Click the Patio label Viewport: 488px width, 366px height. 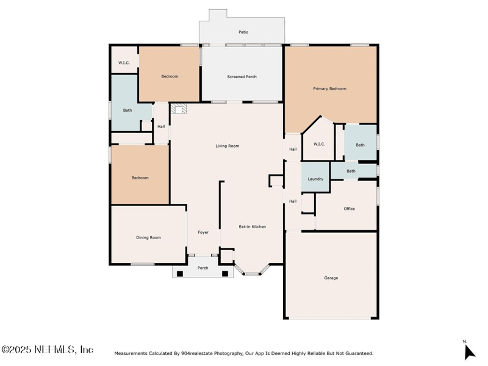pos(243,32)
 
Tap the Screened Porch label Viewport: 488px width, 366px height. pos(242,77)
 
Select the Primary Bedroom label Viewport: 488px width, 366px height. pos(329,88)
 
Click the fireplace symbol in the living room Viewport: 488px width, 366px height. pos(179,109)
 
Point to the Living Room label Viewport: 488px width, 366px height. pos(228,146)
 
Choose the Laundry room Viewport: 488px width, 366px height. pos(315,177)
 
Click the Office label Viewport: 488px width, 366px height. pos(349,209)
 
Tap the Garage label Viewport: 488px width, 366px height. pos(331,278)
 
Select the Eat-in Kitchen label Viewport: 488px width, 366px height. pos(253,226)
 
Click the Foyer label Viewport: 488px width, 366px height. pos(203,232)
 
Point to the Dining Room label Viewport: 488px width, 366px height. pos(148,237)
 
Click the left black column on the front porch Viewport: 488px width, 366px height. pos(180,274)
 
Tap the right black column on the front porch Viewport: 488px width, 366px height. pos(225,274)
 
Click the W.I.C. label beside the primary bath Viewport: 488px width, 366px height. pos(319,144)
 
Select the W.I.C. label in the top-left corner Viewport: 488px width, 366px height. pos(124,63)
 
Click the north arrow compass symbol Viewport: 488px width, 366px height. pos(469,352)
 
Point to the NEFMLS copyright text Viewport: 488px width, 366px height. pos(47,350)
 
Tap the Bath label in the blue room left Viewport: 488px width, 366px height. pos(127,110)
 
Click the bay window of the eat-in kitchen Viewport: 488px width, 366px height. pos(251,270)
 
